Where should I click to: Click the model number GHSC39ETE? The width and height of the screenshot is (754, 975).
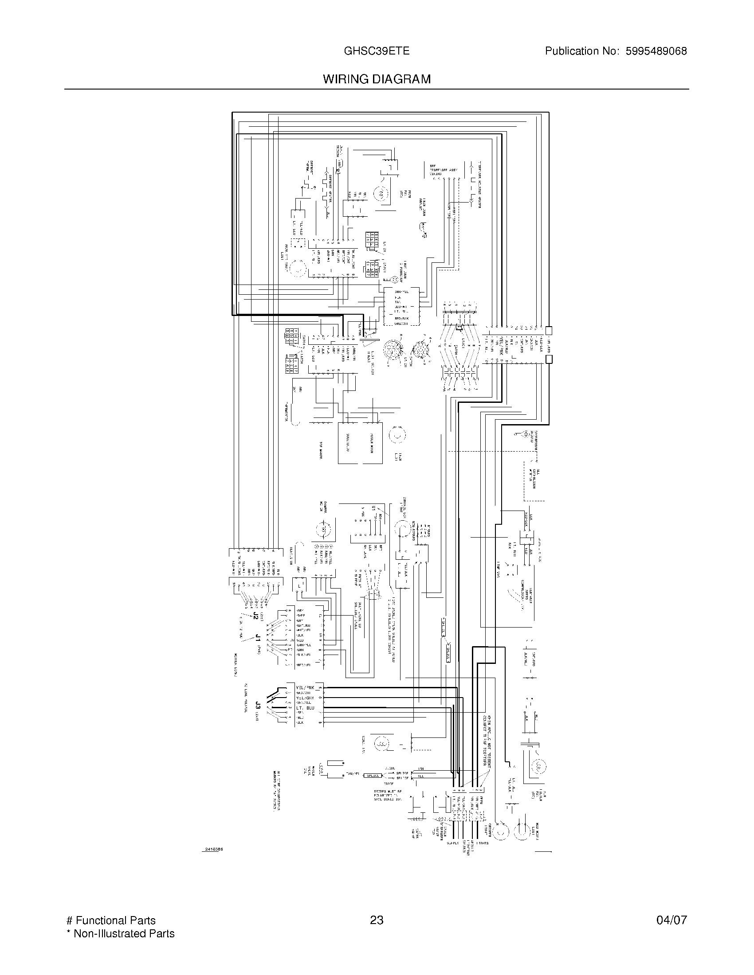coord(376,51)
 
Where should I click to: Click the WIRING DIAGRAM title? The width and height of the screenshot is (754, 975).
coord(377,79)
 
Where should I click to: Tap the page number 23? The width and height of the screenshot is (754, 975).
coord(377,920)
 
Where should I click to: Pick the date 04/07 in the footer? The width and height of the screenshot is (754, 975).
coord(672,920)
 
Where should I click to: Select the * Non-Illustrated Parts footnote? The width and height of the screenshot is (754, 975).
coord(120,933)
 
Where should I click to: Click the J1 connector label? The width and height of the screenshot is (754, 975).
coord(258,637)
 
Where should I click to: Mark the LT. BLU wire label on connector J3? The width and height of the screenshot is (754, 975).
coord(305,708)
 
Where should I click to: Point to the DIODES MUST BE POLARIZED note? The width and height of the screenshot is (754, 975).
coord(388,795)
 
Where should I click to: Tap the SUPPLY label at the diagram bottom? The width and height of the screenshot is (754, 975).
coord(453,843)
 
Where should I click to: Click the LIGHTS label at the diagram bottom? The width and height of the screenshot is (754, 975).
coord(483,843)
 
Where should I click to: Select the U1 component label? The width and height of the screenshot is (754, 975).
coord(374,508)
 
